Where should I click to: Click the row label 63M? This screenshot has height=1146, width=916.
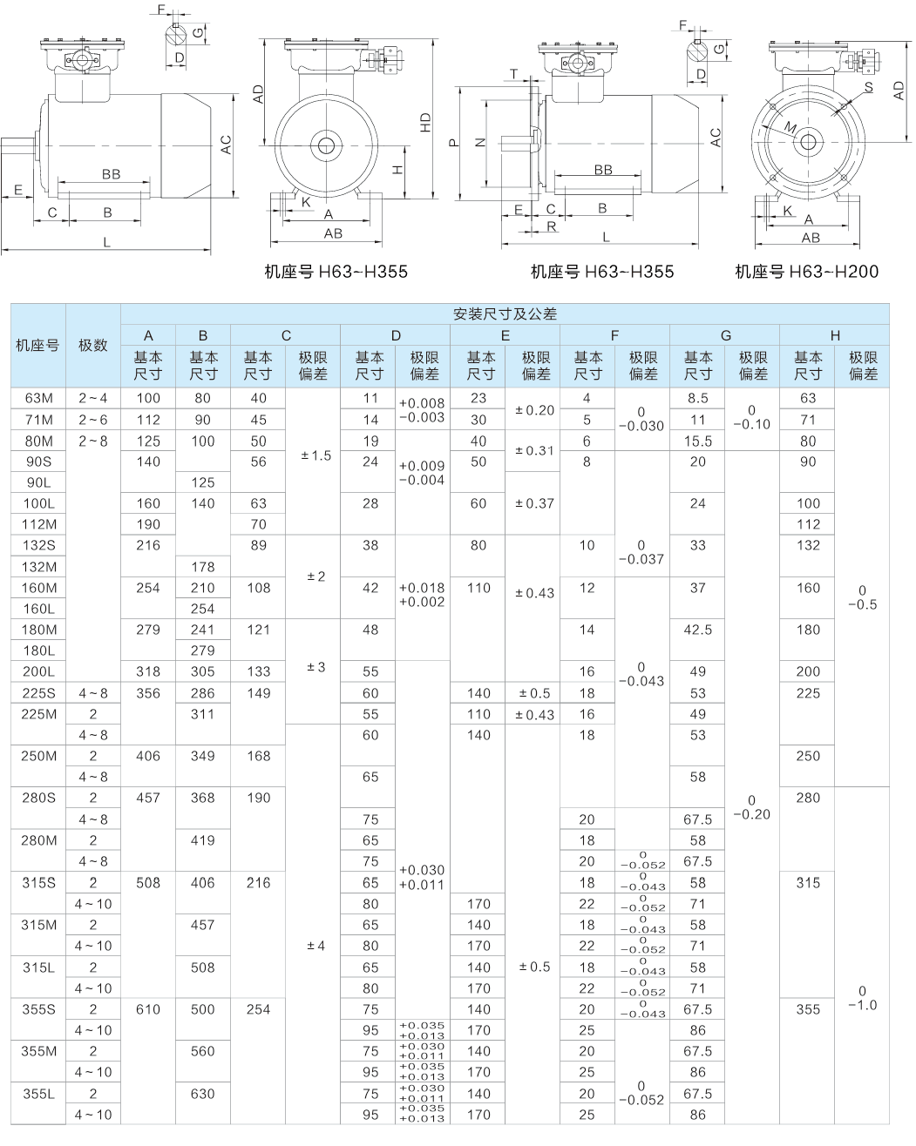pyautogui.click(x=38, y=399)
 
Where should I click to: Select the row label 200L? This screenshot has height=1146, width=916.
pyautogui.click(x=38, y=671)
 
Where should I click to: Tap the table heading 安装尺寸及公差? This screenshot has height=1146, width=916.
pyautogui.click(x=505, y=313)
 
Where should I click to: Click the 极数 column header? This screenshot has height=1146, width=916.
pyautogui.click(x=93, y=345)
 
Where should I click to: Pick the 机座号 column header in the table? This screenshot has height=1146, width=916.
pyautogui.click(x=38, y=345)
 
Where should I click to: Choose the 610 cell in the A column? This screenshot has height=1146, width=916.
pyautogui.click(x=148, y=1009)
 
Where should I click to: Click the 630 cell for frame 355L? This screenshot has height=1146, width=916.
pyautogui.click(x=202, y=1094)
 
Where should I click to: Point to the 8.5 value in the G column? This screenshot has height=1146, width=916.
pyautogui.click(x=697, y=399)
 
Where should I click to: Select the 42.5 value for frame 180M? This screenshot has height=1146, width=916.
pyautogui.click(x=697, y=630)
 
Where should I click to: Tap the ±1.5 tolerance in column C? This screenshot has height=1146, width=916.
pyautogui.click(x=315, y=455)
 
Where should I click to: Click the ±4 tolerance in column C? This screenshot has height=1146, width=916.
pyautogui.click(x=315, y=946)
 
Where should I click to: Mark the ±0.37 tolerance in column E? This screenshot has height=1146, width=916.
pyautogui.click(x=533, y=503)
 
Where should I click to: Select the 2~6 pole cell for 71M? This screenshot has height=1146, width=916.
pyautogui.click(x=93, y=420)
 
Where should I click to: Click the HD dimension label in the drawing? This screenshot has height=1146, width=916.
pyautogui.click(x=425, y=123)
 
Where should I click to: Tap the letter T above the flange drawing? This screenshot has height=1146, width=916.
pyautogui.click(x=513, y=73)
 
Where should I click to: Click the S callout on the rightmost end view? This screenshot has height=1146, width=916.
pyautogui.click(x=869, y=87)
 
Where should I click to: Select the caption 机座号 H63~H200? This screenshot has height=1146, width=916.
pyautogui.click(x=806, y=272)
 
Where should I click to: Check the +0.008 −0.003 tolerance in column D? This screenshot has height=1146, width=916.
pyautogui.click(x=422, y=410)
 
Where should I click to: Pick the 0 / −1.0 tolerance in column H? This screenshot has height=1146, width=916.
pyautogui.click(x=862, y=998)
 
